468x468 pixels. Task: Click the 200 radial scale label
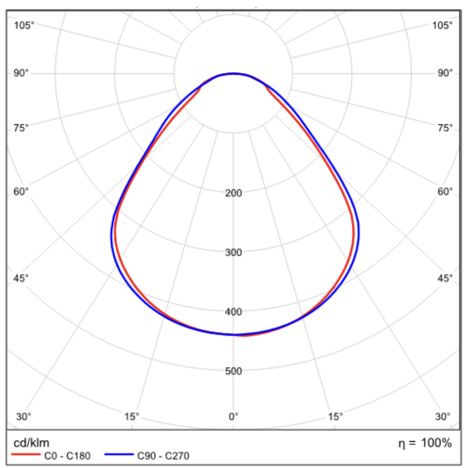point(234,193)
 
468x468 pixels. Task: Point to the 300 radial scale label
point(234,252)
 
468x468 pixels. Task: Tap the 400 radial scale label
point(234,312)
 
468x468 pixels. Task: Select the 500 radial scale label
point(234,371)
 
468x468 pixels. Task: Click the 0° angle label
point(234,416)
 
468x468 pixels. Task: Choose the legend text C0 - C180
point(67,455)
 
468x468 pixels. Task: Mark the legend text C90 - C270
point(163,455)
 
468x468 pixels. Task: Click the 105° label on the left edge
point(24,25)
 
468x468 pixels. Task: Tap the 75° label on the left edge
point(21,128)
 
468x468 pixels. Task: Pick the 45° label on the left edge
point(21,278)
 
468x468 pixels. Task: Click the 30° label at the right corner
point(442,416)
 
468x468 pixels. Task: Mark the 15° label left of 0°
point(132,416)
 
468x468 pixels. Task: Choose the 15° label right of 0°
point(335,416)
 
